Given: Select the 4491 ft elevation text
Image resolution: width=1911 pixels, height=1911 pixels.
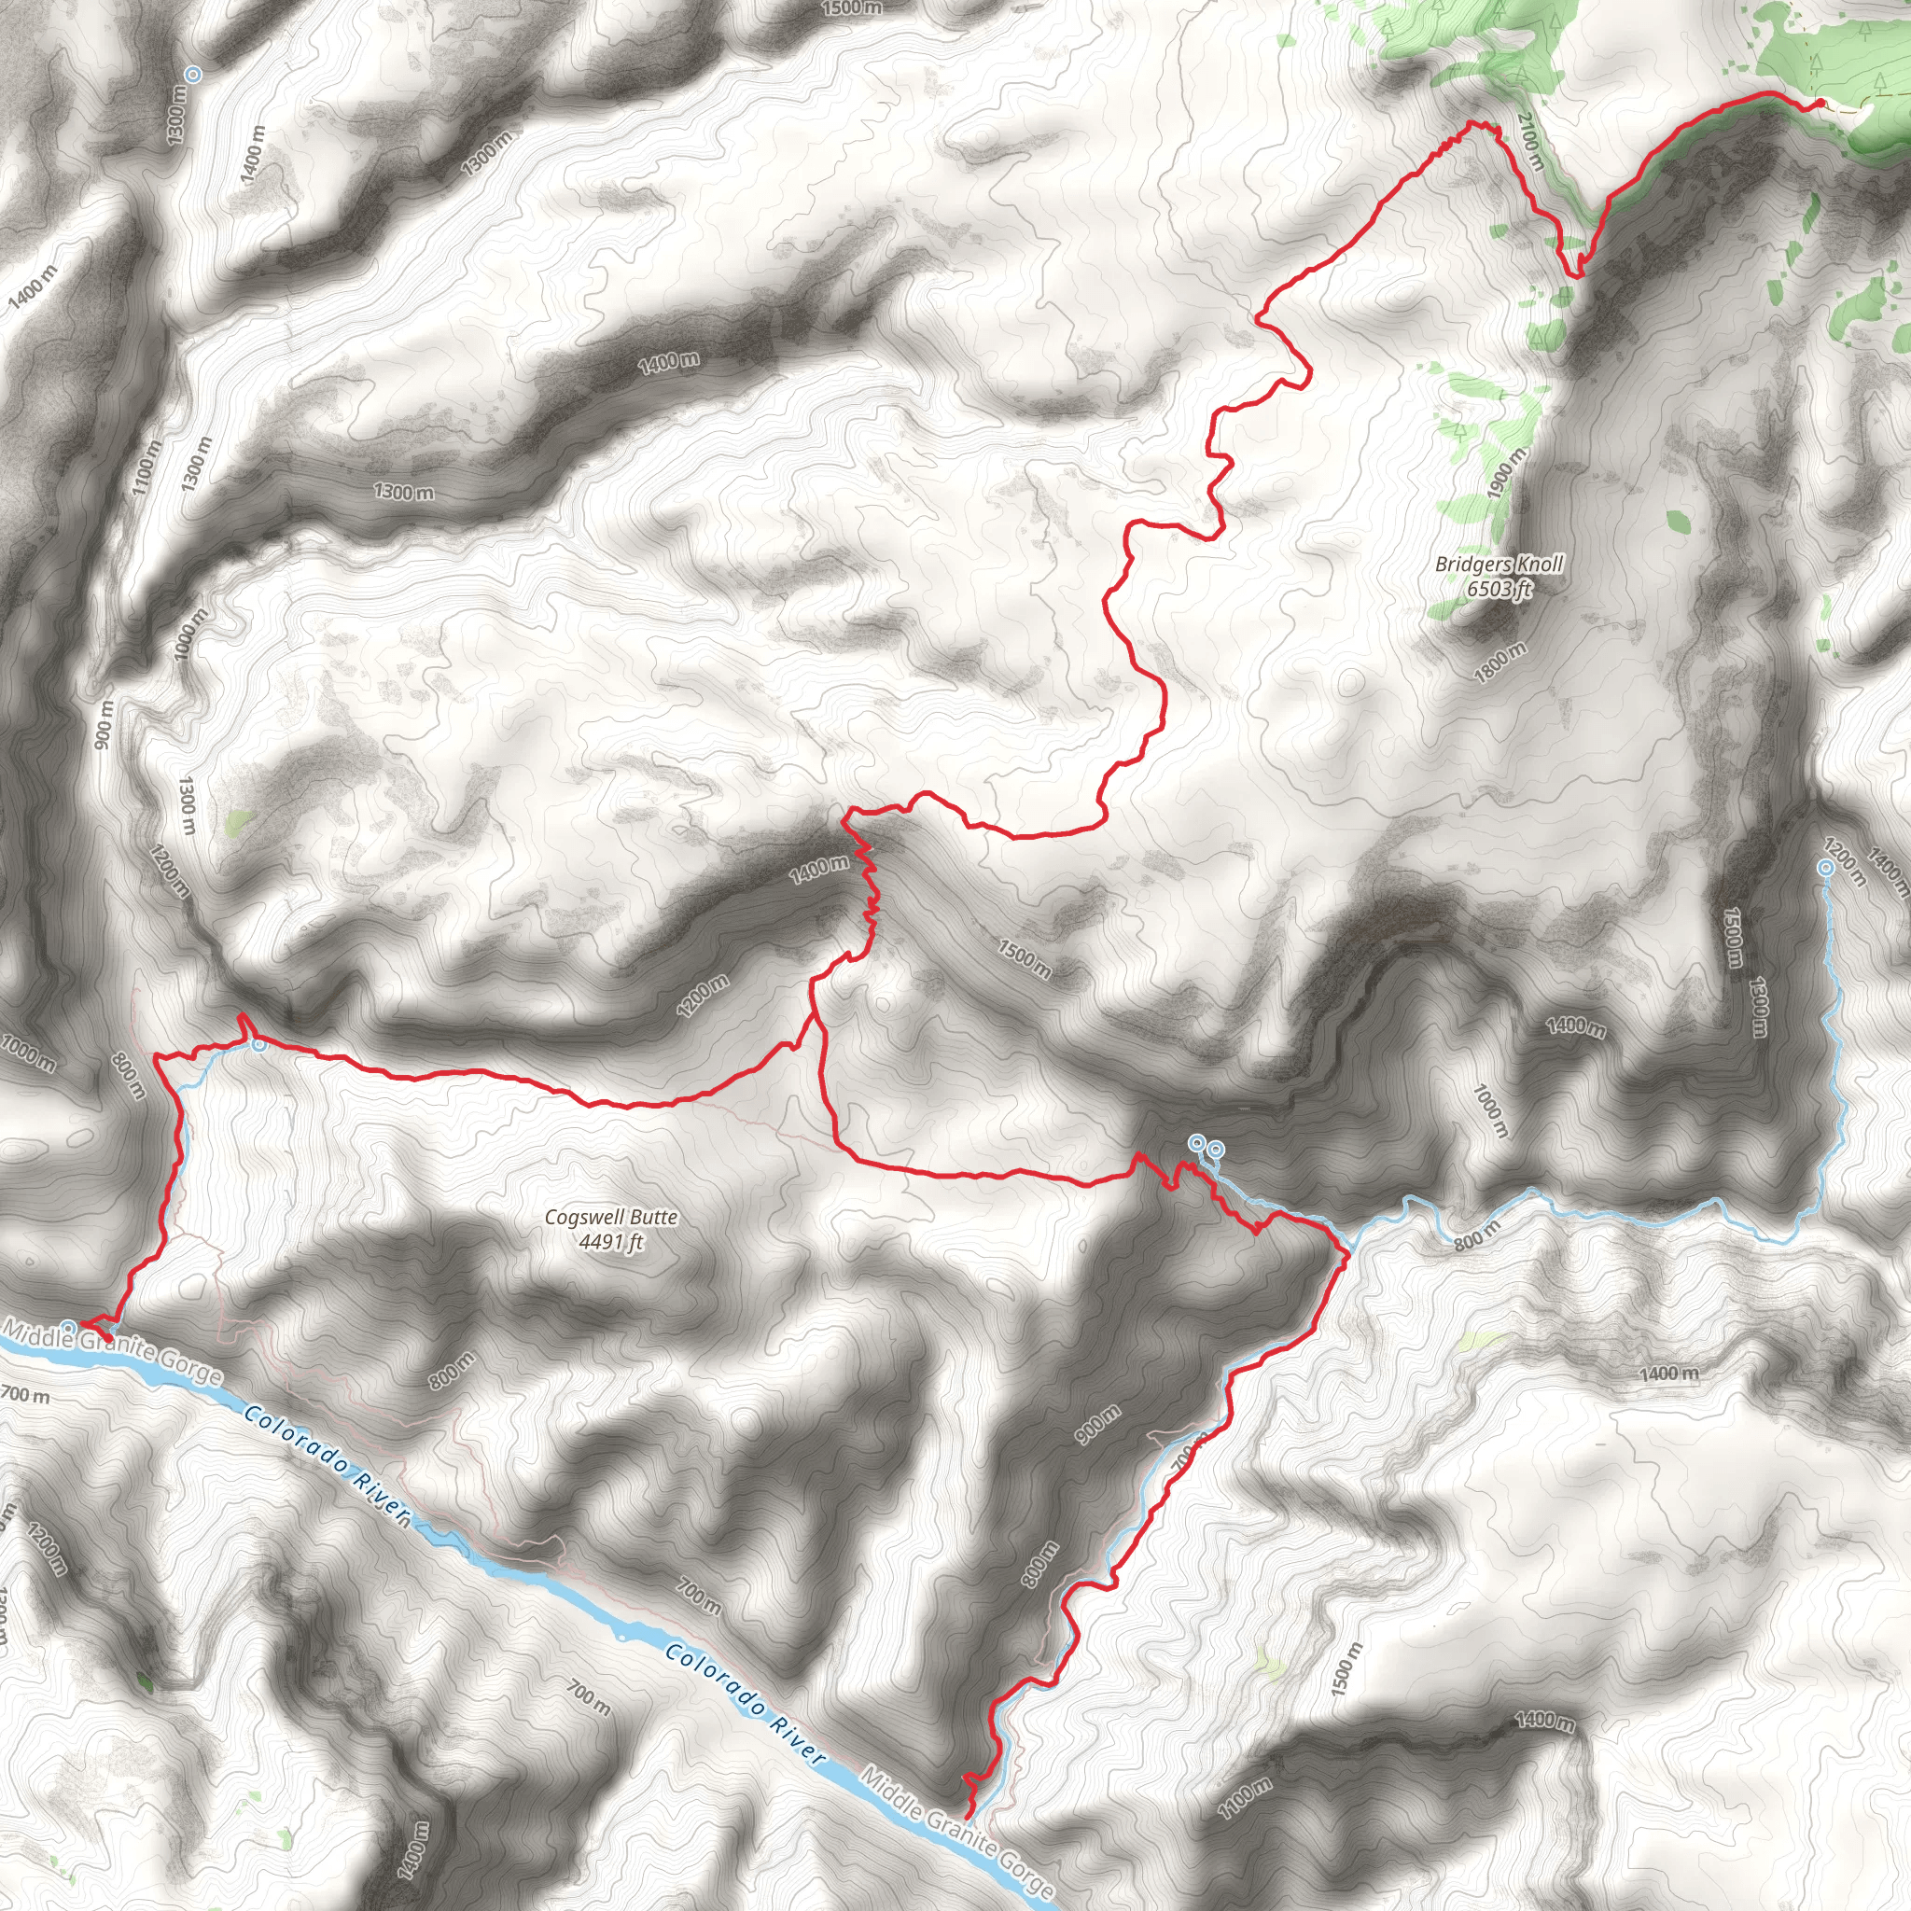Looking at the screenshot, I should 611,1241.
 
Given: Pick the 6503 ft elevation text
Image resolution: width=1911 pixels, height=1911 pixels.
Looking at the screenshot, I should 1499,590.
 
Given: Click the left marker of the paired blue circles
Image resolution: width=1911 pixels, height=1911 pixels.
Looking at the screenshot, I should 1196,1143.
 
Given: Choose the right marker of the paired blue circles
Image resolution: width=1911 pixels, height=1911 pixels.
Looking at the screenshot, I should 1216,1150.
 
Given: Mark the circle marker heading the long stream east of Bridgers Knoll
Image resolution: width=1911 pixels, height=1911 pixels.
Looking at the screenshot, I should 1826,868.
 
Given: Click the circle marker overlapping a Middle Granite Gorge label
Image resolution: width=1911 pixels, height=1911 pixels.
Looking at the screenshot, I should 68,1327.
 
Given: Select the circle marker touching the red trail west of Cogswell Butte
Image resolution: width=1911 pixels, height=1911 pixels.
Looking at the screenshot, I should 258,1043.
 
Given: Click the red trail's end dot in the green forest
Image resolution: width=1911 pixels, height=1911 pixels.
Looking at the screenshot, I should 1820,103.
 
